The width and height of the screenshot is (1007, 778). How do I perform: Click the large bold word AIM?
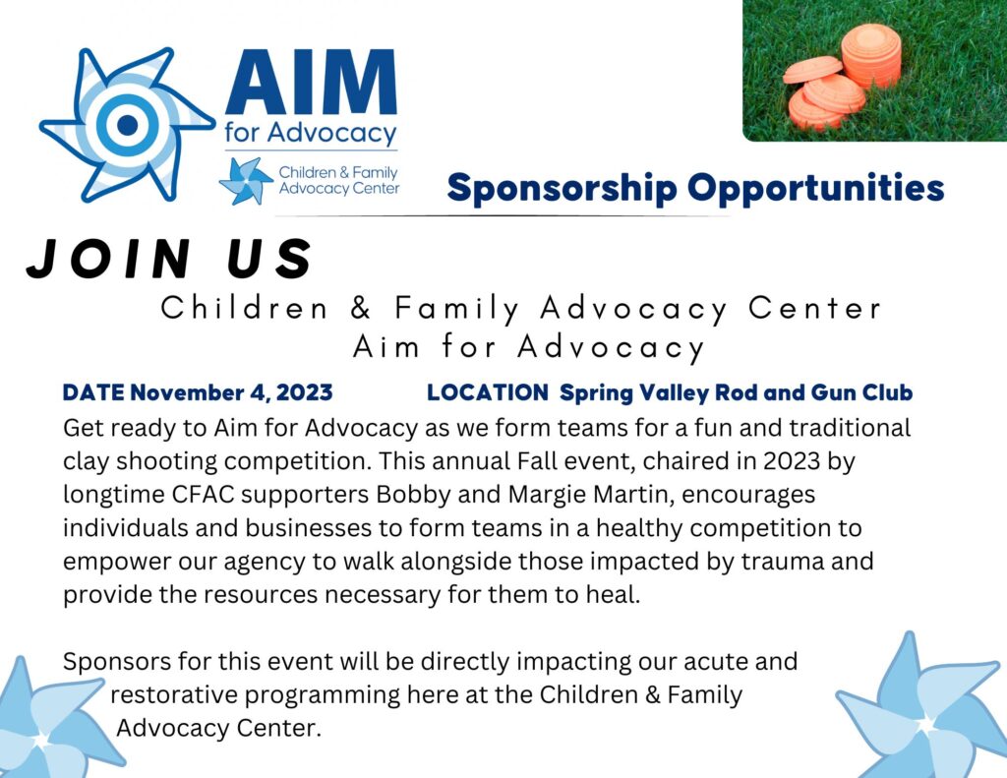click(311, 82)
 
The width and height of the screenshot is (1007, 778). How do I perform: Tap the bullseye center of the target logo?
click(127, 124)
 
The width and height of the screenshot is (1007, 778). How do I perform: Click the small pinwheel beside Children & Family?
click(245, 181)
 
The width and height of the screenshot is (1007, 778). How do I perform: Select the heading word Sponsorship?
click(562, 189)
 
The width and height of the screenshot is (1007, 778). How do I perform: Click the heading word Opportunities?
click(815, 189)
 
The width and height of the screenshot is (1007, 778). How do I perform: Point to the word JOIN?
click(108, 259)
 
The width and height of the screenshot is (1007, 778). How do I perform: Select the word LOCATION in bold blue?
click(488, 392)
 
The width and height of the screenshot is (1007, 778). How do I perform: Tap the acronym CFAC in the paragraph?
click(203, 495)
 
